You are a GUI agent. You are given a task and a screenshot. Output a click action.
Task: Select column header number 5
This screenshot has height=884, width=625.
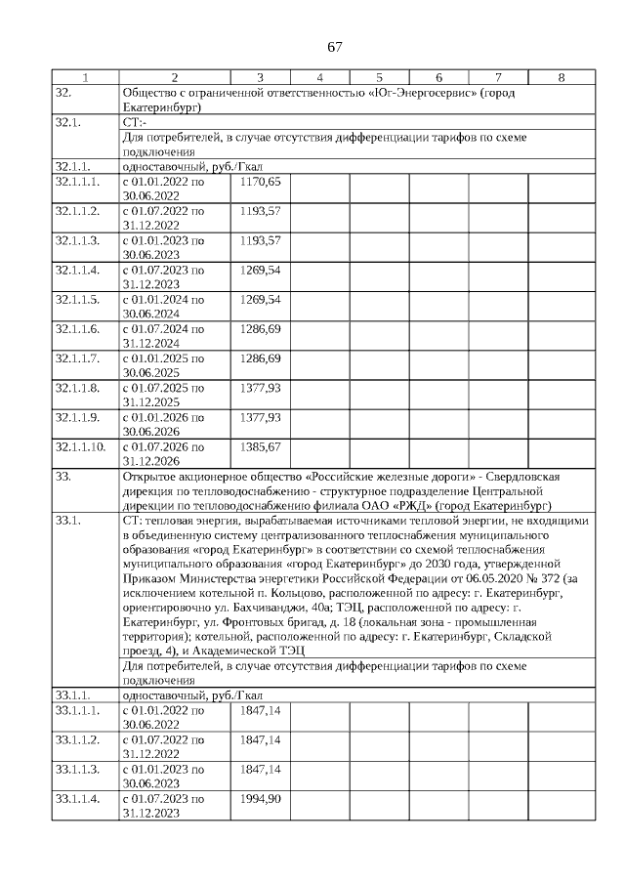point(379,77)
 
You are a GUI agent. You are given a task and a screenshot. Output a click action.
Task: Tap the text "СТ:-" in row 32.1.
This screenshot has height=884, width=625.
point(134,123)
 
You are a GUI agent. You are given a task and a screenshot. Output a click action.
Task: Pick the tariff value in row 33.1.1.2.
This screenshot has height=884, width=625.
point(261,739)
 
